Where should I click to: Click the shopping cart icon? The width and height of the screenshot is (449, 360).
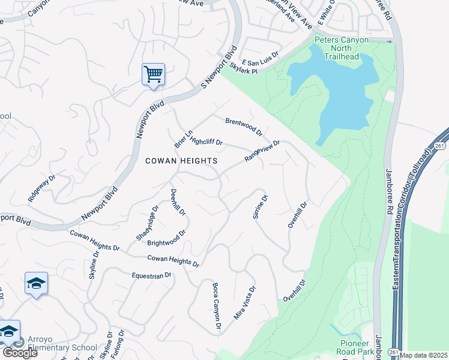pyautogui.click(x=153, y=74)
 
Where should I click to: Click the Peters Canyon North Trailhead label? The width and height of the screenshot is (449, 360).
pyautogui.click(x=342, y=49)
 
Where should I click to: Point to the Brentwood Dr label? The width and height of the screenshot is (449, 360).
pyautogui.click(x=244, y=126)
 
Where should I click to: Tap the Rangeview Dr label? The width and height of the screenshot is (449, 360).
pyautogui.click(x=262, y=151)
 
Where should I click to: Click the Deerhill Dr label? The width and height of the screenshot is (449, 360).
pyautogui.click(x=178, y=203)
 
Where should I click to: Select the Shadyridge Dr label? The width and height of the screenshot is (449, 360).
pyautogui.click(x=147, y=223)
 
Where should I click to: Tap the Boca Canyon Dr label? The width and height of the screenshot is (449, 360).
pyautogui.click(x=217, y=305)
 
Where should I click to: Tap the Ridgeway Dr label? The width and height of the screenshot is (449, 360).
pyautogui.click(x=41, y=188)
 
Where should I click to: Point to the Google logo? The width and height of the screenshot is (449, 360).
pyautogui.click(x=19, y=353)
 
